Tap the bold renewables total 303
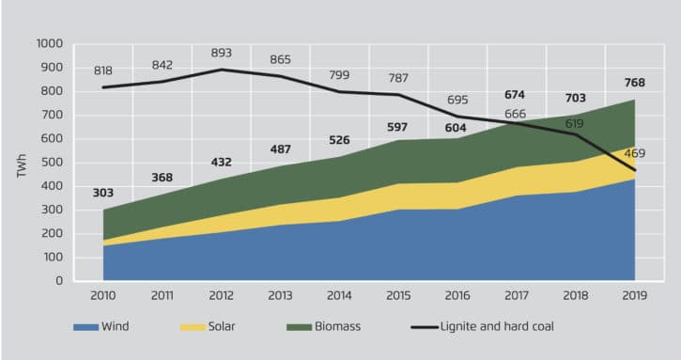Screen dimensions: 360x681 103,193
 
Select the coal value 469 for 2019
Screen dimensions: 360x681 634,153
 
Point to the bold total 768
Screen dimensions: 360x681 634,82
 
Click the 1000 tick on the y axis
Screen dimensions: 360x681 49,44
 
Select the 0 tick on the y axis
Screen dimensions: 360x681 59,281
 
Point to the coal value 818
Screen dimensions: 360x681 103,70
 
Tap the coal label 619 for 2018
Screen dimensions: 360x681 575,123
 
